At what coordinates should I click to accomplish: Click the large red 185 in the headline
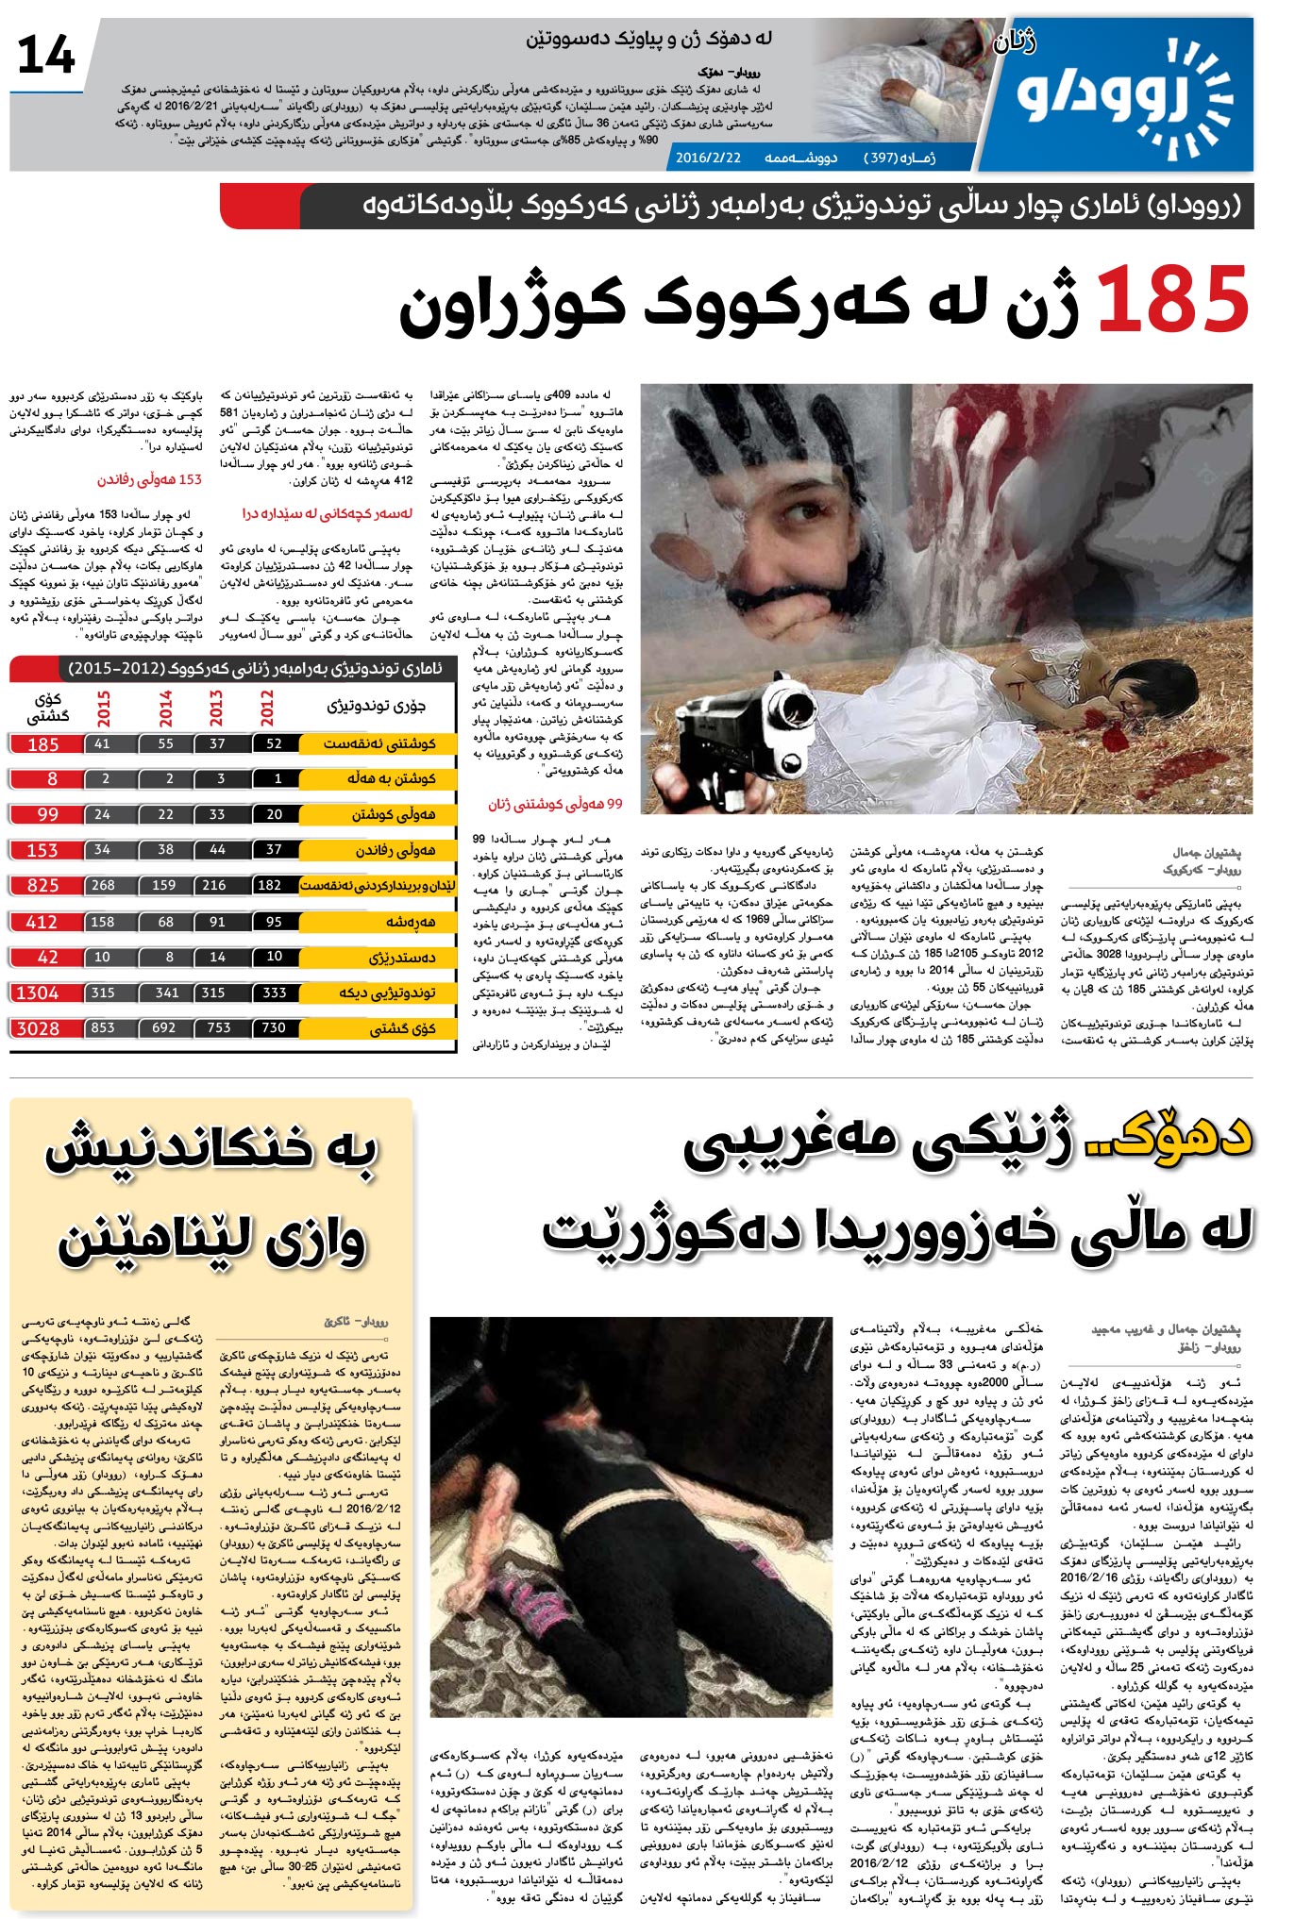click(x=1173, y=300)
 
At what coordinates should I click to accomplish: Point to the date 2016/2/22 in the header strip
click(x=708, y=158)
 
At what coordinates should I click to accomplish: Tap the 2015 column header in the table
click(x=103, y=708)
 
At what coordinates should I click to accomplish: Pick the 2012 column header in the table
click(x=268, y=708)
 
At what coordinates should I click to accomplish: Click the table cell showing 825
click(x=42, y=886)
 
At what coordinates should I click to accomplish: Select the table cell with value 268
click(x=103, y=886)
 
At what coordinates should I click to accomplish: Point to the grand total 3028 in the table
click(x=39, y=1028)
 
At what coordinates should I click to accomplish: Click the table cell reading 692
click(x=164, y=1028)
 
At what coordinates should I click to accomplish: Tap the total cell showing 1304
click(x=39, y=993)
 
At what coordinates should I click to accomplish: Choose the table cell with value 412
click(x=42, y=922)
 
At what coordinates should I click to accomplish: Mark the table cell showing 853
click(x=103, y=1028)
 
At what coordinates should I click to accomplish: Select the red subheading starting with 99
click(x=555, y=804)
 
